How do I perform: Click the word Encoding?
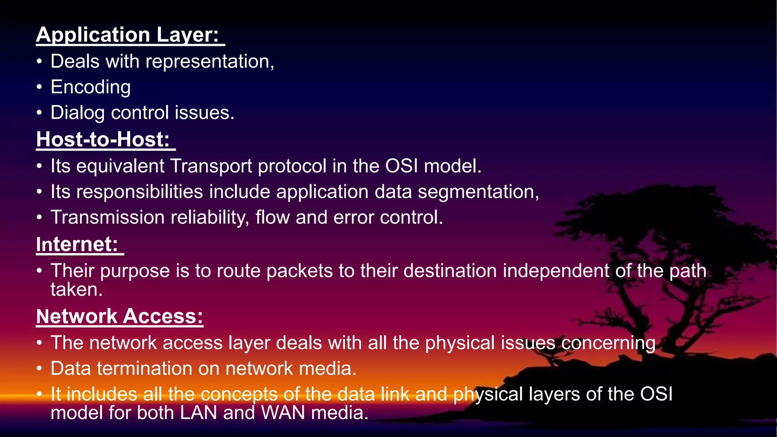pyautogui.click(x=91, y=87)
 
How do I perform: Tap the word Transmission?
pyautogui.click(x=107, y=217)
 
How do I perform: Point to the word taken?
pyautogui.click(x=76, y=290)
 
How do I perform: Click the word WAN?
pyautogui.click(x=283, y=413)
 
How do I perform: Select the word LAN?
pyautogui.click(x=198, y=413)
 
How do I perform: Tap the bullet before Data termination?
pyautogui.click(x=39, y=369)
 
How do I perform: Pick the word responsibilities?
pyautogui.click(x=140, y=192)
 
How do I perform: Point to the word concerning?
pyautogui.click(x=608, y=343)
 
